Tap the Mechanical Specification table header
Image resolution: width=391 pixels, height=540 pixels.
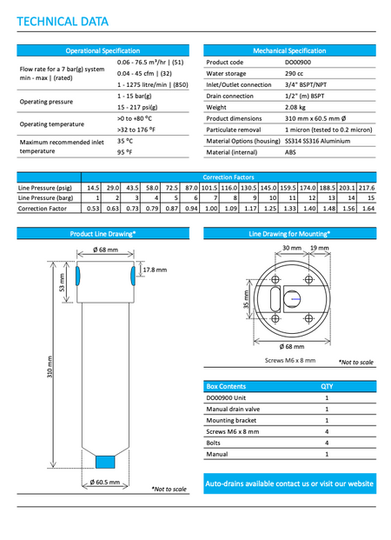click(x=288, y=51)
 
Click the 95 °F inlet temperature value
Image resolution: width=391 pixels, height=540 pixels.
click(x=124, y=151)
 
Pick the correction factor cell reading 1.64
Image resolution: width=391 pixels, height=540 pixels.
click(x=368, y=209)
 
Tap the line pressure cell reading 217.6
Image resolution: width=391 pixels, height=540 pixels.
click(x=367, y=188)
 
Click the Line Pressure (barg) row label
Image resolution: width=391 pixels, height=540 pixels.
click(x=45, y=198)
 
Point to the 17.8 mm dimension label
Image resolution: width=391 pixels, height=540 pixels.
click(x=155, y=270)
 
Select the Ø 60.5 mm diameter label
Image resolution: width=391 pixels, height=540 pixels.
click(x=104, y=481)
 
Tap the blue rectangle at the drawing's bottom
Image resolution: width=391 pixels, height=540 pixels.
click(x=105, y=462)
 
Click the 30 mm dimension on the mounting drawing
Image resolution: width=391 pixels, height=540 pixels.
click(x=292, y=248)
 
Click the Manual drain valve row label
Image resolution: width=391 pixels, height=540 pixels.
click(x=234, y=408)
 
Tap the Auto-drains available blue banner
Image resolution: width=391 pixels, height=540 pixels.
click(x=288, y=483)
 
